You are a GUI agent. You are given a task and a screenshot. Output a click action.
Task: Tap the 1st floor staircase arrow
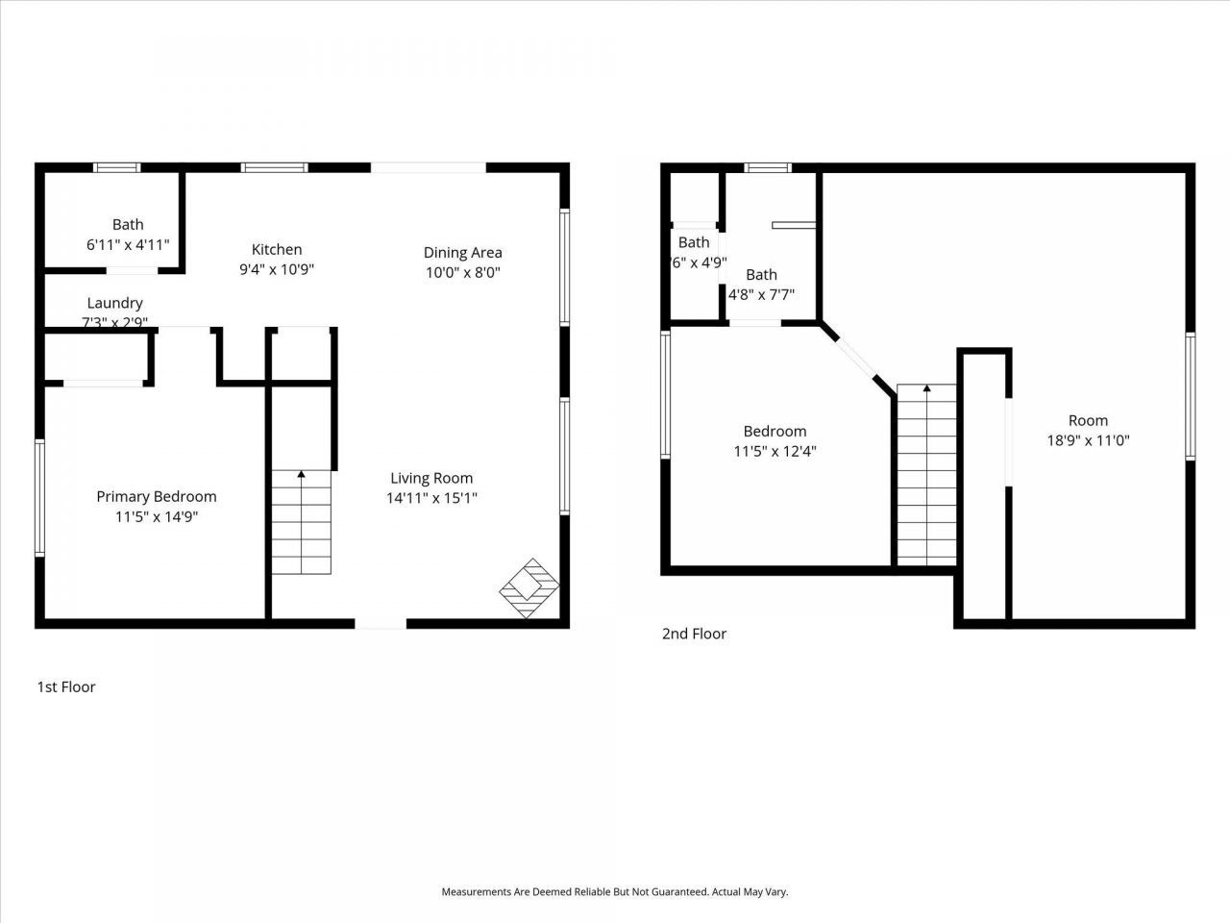301,474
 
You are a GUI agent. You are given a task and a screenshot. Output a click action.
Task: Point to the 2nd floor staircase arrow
926,389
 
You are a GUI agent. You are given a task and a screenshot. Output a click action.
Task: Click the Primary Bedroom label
156,496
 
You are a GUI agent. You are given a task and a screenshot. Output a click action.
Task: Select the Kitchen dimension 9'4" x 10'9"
277,270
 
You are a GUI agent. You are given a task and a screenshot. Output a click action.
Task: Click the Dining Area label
462,252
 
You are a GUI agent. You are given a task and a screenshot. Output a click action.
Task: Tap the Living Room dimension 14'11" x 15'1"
431,498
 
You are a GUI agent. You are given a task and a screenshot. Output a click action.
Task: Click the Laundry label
114,303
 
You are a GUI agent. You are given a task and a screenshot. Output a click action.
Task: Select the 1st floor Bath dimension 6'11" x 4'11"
128,245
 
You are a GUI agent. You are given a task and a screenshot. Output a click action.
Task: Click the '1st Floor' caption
66,686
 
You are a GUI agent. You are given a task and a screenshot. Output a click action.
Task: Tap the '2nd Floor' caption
694,634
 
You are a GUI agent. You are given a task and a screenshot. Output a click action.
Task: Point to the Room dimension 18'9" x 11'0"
1088,440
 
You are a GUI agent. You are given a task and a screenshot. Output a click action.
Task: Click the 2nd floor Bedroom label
775,431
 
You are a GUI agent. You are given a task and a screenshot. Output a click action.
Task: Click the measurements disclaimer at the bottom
614,892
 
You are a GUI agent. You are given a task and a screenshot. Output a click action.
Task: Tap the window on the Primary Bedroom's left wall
39,497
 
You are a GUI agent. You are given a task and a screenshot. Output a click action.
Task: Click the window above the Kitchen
274,167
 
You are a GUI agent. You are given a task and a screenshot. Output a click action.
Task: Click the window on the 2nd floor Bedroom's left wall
665,392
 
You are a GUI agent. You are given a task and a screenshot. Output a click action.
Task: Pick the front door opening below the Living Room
381,624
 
